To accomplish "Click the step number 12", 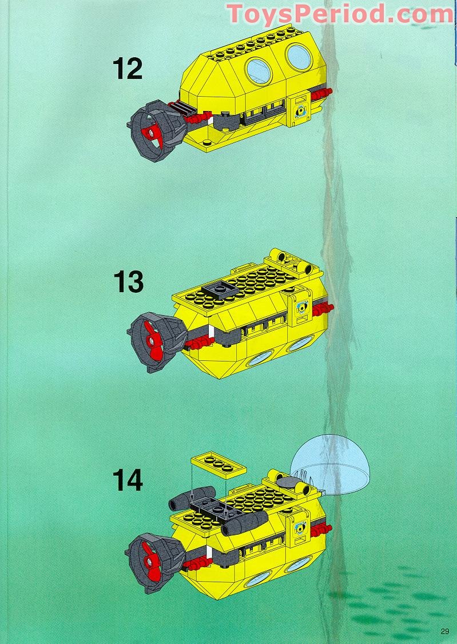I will [128, 69].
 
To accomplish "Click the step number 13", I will [128, 282].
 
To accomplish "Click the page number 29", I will [445, 631].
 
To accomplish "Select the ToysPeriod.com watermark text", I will [340, 14].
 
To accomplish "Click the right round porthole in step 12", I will [299, 57].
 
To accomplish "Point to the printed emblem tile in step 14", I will [299, 526].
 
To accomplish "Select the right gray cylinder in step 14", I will [245, 522].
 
